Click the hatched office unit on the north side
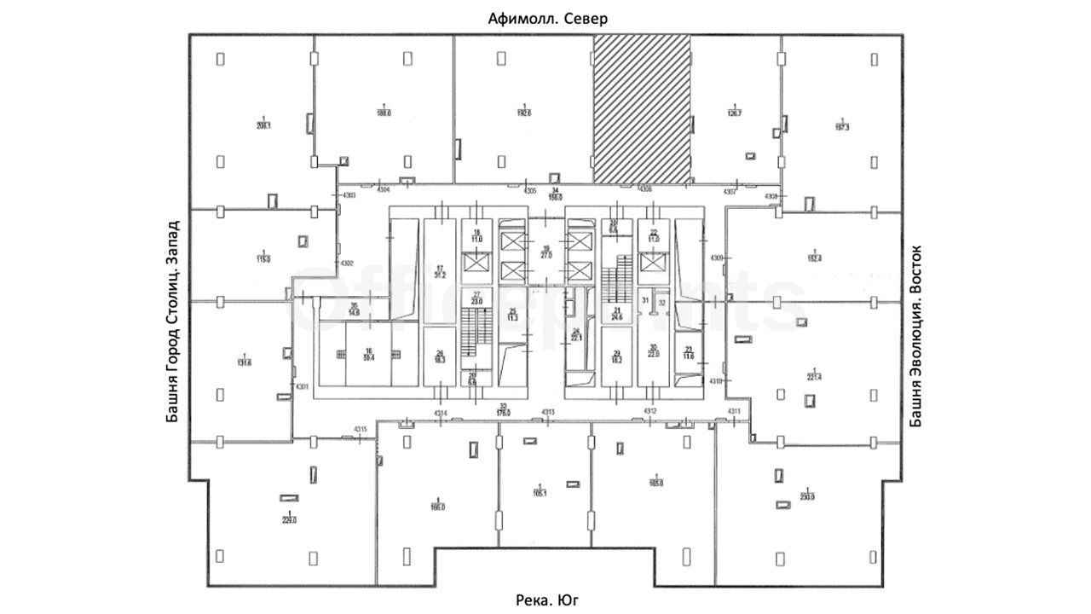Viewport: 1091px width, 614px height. [x=642, y=107]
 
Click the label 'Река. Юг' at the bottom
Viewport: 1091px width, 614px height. [x=547, y=600]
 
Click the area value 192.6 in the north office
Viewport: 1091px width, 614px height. [x=524, y=113]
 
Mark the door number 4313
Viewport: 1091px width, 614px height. [x=548, y=413]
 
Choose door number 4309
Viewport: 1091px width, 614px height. [x=717, y=258]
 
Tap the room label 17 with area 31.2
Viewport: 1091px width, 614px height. [x=441, y=272]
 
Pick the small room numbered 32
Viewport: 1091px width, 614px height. [x=661, y=299]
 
